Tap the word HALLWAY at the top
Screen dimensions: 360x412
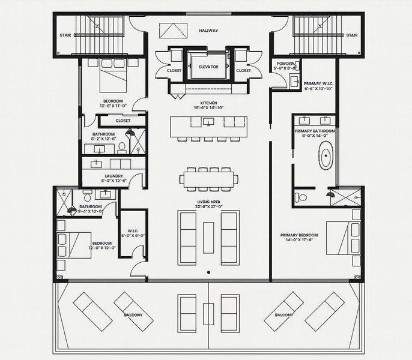tap(208, 31)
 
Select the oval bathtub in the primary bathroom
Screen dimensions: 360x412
tap(326, 156)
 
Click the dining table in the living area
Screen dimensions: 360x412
tap(208, 178)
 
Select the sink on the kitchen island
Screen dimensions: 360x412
tap(208, 122)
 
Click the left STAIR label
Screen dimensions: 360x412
tap(65, 35)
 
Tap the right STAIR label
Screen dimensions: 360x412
tap(353, 35)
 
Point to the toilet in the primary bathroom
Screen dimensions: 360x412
tap(302, 197)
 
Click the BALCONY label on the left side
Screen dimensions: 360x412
tap(133, 315)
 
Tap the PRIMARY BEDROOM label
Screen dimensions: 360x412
tap(297, 236)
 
